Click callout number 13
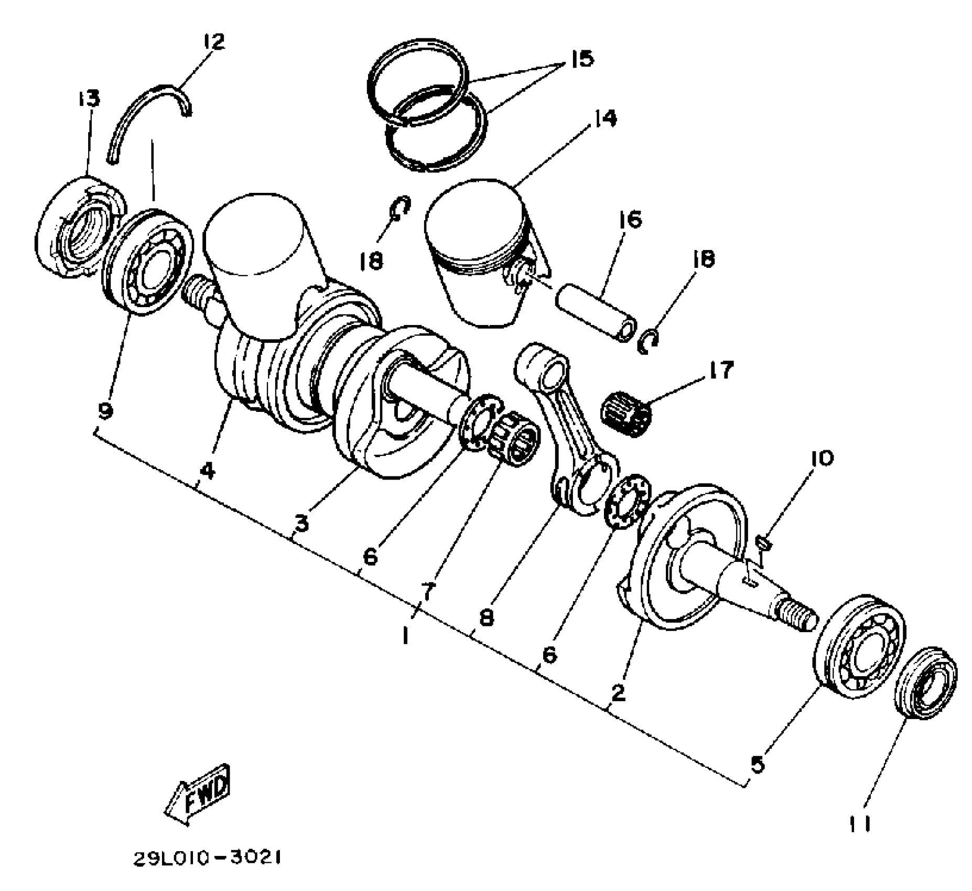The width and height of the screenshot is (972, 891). (x=89, y=98)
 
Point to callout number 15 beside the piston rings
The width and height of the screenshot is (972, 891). (x=581, y=59)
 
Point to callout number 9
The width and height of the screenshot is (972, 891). (x=105, y=411)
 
